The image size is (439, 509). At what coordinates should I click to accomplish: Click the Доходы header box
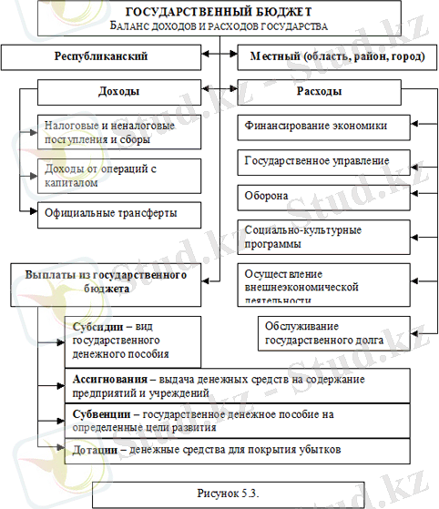click(x=119, y=92)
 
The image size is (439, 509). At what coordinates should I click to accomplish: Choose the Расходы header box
click(x=321, y=92)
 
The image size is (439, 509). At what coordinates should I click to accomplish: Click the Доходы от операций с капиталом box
click(x=120, y=175)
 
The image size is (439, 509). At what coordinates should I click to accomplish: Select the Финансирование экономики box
click(x=329, y=127)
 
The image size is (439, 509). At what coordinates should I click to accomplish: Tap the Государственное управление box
click(x=329, y=160)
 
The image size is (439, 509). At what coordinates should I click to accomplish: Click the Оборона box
click(x=329, y=196)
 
